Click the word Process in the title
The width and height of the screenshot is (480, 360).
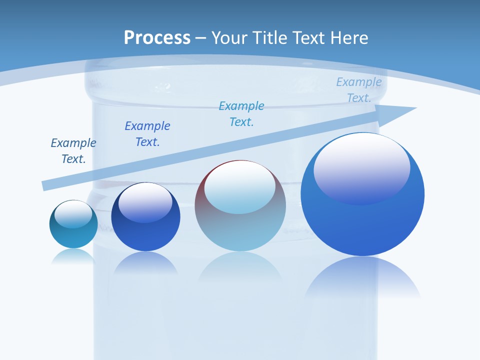pos(157,38)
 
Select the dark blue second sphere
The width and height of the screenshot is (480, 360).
pos(145,235)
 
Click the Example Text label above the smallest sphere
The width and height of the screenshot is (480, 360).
pos(73,151)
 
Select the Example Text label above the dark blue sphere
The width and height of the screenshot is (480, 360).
pos(147,134)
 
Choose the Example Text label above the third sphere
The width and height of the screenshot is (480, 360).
pos(241,114)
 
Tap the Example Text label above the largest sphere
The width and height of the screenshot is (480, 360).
pos(359,90)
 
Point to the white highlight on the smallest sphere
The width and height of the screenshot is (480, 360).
pos(73,213)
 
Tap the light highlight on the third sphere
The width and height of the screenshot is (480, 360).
pos(239,187)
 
